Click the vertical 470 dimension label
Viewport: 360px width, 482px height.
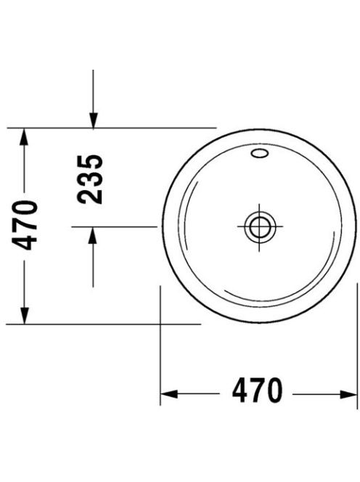(25, 225)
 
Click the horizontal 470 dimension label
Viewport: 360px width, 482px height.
(257, 391)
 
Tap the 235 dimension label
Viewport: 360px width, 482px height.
(90, 179)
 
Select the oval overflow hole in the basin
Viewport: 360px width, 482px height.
(260, 153)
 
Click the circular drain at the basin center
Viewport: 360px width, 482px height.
(260, 227)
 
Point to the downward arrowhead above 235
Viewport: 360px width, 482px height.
(93, 120)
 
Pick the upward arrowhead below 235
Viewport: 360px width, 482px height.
(92, 234)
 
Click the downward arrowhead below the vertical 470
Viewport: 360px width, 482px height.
(24, 315)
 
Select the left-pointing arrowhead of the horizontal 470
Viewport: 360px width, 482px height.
(169, 394)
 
